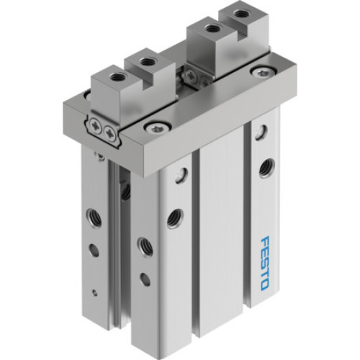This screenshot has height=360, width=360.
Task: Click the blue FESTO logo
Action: (264, 263)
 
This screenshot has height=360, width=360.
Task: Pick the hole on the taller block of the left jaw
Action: (147, 61)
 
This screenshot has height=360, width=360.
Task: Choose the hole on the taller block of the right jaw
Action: (212, 29)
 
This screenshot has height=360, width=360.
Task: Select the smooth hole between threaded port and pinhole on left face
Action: (94, 251)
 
